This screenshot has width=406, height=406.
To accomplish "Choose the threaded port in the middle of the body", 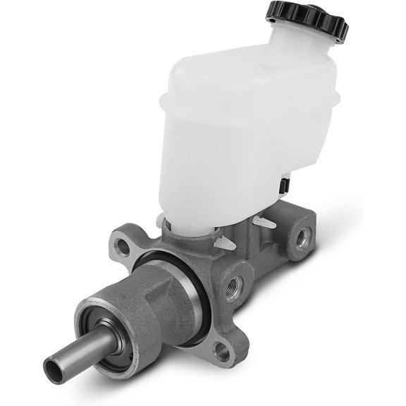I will pos(233,285).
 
